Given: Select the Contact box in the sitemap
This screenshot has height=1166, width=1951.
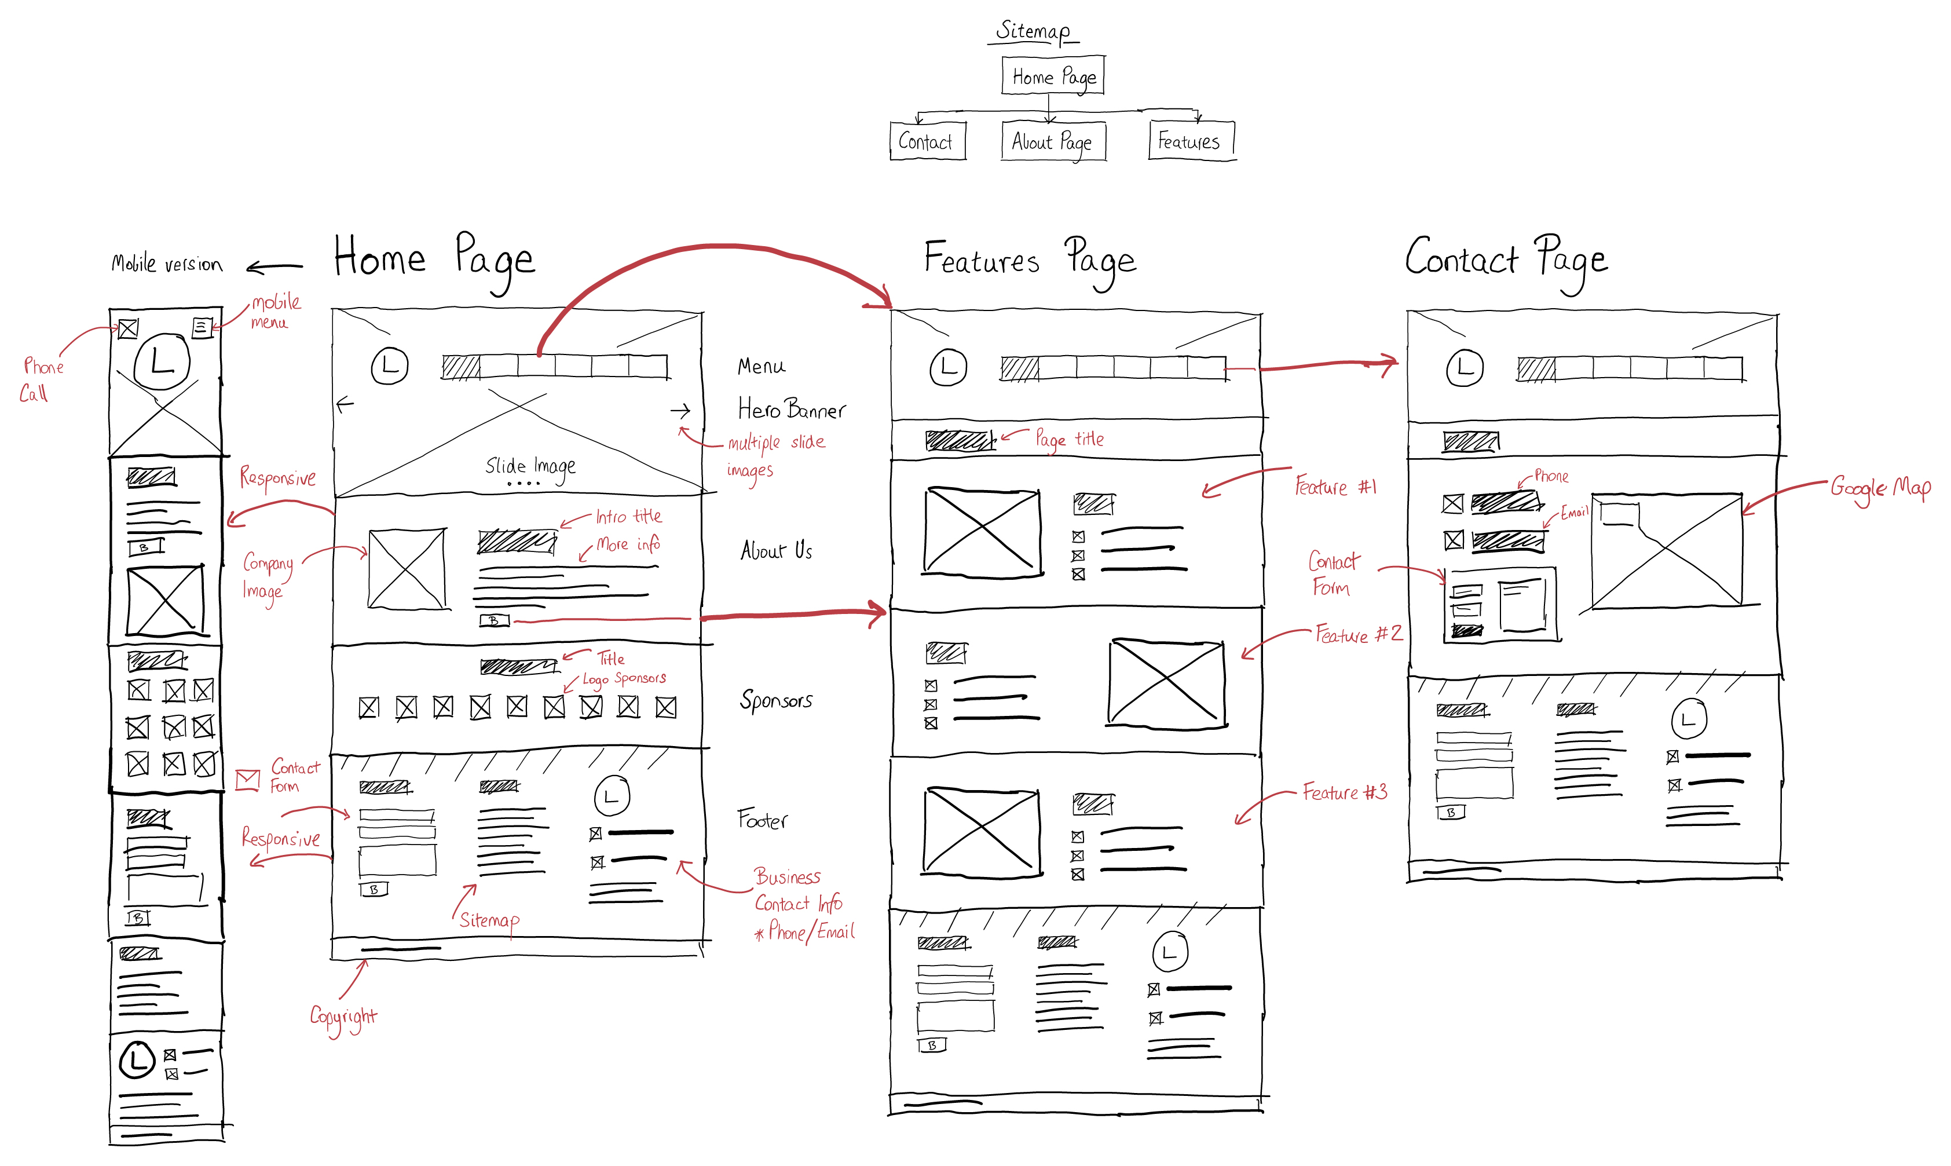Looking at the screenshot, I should (927, 141).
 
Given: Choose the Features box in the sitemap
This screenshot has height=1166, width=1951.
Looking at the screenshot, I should (1190, 141).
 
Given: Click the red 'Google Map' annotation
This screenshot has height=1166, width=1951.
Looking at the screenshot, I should (1880, 488).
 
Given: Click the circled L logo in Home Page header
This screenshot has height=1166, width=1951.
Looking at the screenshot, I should (390, 366).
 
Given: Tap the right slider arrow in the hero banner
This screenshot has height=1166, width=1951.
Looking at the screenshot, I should (680, 410).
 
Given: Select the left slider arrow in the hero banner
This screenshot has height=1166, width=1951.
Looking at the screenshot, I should (345, 405).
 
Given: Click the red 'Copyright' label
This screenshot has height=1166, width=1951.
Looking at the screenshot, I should (343, 1017).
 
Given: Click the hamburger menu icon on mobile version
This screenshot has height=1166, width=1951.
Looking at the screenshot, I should (202, 327).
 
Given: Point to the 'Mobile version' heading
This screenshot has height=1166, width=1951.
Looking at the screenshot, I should (167, 264).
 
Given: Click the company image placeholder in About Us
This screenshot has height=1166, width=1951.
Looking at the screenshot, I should (407, 569).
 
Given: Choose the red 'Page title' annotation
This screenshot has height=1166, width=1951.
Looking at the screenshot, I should (1069, 439).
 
